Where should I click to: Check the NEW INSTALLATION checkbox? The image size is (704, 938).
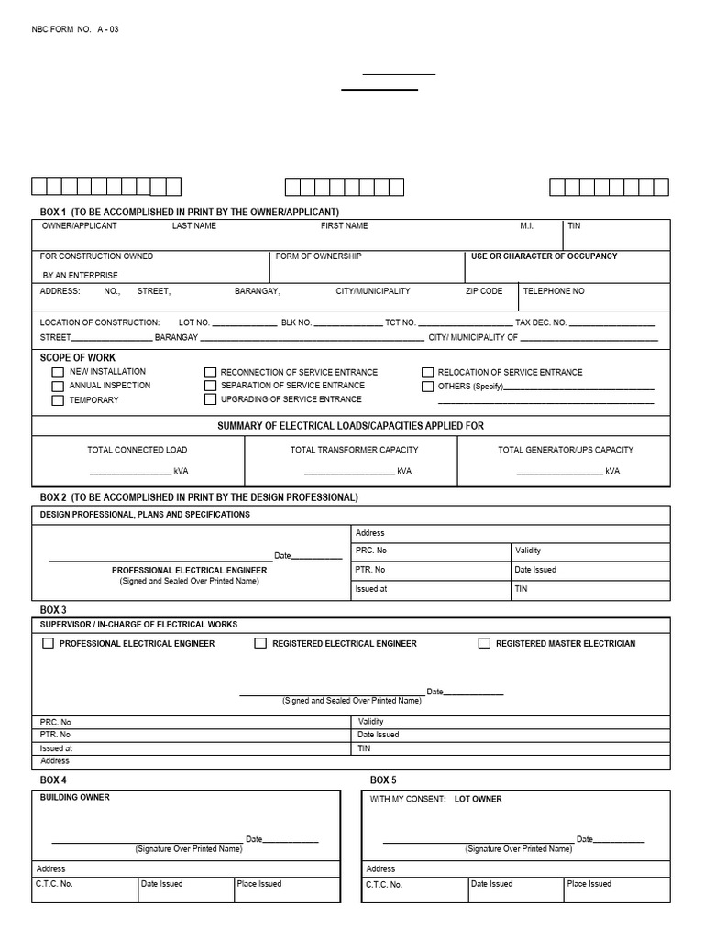pos(58,373)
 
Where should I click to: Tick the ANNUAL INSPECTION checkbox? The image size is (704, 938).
pos(58,387)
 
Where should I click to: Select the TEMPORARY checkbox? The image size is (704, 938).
pos(58,400)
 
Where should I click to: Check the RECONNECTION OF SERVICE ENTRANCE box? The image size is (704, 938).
pos(210,373)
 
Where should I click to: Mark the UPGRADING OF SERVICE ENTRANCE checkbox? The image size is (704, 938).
pos(210,399)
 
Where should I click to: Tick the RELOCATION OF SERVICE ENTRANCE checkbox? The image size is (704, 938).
pos(427,373)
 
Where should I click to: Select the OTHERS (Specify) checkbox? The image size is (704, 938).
pos(427,387)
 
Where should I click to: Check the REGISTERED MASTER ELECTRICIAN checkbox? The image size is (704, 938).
pos(484,643)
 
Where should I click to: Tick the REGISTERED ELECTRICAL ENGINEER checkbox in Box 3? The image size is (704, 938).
pos(260,643)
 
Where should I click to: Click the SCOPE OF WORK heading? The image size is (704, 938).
pos(78,358)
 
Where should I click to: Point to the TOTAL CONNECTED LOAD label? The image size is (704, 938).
pos(137,450)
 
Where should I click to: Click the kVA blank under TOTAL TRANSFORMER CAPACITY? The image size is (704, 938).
pos(348,471)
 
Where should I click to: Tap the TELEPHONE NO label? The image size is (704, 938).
pos(553,291)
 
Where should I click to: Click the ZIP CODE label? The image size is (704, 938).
pos(484,291)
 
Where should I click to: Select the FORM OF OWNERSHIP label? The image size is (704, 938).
pos(318,256)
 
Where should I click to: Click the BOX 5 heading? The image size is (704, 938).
pos(383,780)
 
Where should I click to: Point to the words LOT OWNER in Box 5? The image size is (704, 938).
pos(478,800)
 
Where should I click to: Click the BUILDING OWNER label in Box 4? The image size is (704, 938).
pos(74,798)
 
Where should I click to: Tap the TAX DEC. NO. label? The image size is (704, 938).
pos(541,322)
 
